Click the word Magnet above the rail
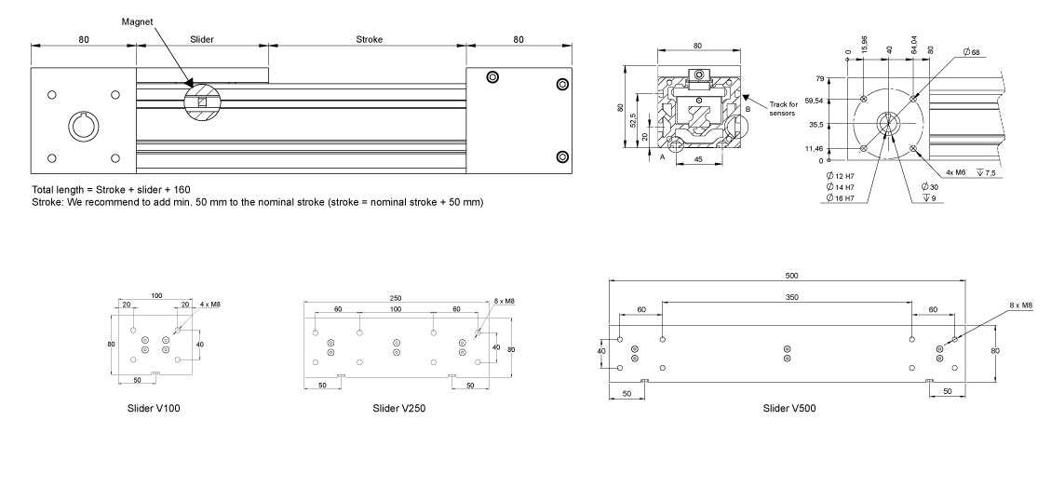click(136, 20)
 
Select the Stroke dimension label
click(369, 40)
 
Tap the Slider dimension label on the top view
click(202, 40)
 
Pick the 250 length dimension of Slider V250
click(396, 298)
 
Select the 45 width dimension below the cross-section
click(697, 158)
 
